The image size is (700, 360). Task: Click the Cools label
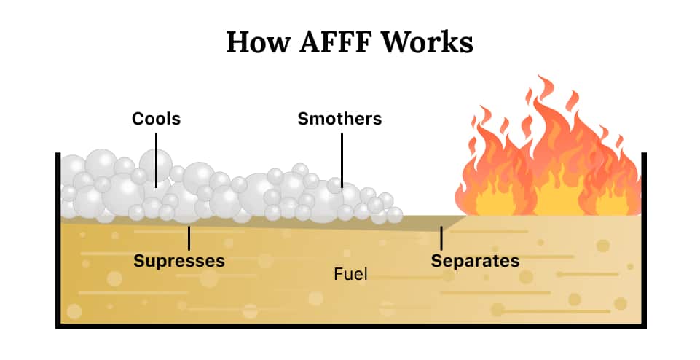click(x=156, y=118)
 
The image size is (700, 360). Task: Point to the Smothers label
click(x=339, y=118)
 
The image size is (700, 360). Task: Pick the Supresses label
click(x=179, y=260)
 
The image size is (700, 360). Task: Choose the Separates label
click(x=475, y=260)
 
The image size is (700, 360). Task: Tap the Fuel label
click(x=350, y=275)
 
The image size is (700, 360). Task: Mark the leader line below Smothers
click(x=340, y=157)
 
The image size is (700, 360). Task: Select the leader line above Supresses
click(x=189, y=238)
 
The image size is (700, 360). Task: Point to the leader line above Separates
click(x=441, y=238)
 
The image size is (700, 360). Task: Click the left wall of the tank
click(x=58, y=240)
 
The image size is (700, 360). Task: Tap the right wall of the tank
click(x=644, y=240)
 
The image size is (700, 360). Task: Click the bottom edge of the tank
click(x=350, y=326)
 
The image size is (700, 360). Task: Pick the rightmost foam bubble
click(x=394, y=214)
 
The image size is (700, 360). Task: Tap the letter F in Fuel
click(x=338, y=275)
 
